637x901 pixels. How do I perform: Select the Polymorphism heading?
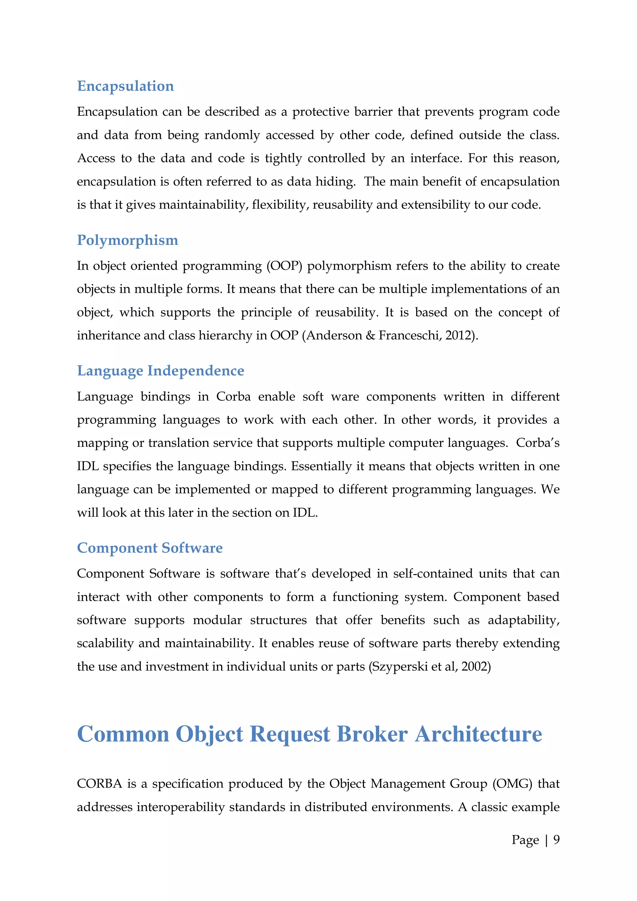tap(128, 240)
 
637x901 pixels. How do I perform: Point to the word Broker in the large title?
tap(372, 734)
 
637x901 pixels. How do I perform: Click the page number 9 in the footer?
tap(556, 839)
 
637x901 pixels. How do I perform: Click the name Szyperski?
tap(399, 667)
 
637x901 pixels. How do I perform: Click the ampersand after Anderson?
tap(370, 335)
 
